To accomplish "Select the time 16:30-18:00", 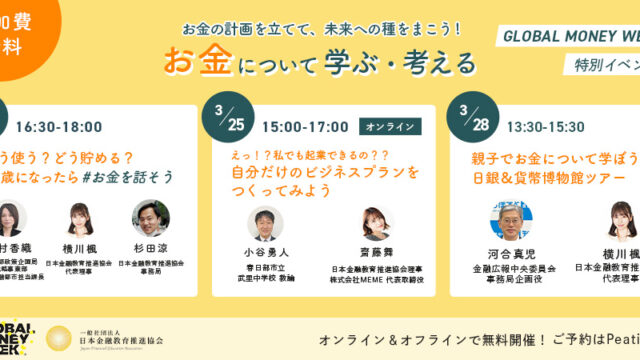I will click(x=59, y=127).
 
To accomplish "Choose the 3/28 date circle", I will click(x=475, y=119).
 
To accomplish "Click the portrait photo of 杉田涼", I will click(x=150, y=218).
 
